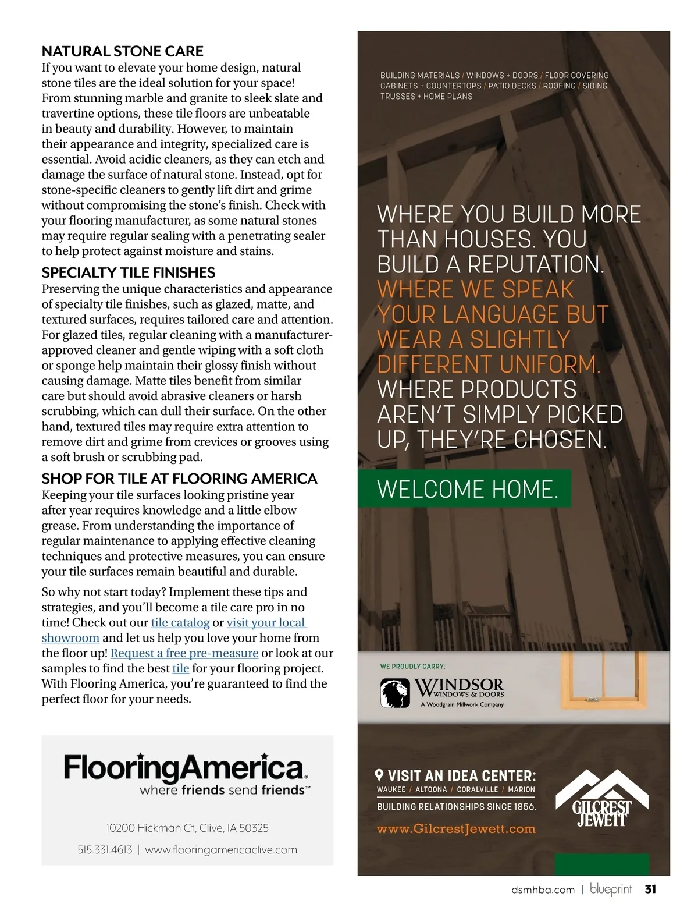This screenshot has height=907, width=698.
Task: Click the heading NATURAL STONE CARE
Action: [x=122, y=51]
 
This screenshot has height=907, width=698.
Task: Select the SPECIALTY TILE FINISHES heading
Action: [x=128, y=272]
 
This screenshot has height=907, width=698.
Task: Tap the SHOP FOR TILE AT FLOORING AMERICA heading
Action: [x=179, y=479]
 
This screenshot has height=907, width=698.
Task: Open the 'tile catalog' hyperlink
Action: [x=180, y=622]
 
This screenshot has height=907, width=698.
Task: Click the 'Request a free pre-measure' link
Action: [x=184, y=653]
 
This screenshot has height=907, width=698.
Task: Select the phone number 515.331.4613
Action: [x=105, y=850]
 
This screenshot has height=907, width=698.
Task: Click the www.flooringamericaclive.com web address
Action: [x=221, y=850]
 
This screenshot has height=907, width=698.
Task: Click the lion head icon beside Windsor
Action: [x=396, y=693]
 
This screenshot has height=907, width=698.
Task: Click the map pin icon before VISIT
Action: [x=380, y=775]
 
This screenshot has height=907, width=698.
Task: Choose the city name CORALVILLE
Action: [x=477, y=789]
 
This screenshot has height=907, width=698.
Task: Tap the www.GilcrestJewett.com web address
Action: [x=456, y=829]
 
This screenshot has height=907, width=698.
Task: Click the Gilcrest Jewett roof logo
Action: [x=593, y=798]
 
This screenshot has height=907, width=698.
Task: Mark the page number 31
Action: [x=650, y=889]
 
